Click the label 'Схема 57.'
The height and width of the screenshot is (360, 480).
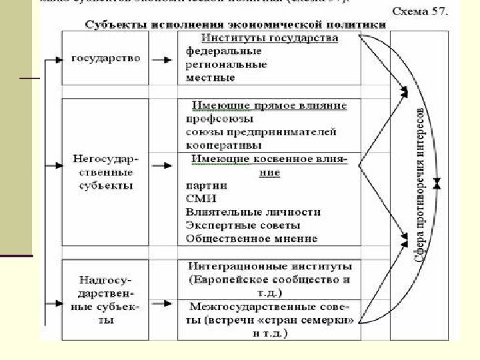pos(419,11)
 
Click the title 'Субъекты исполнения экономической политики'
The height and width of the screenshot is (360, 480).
pos(235,25)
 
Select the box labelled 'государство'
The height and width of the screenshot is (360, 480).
pos(105,58)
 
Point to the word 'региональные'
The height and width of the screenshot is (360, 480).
pos(226,65)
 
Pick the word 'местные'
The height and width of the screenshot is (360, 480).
pos(211,78)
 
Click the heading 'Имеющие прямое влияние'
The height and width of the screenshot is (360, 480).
pos(269,105)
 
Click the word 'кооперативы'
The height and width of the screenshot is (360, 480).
pos(224,145)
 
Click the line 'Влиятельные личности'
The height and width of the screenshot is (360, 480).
pos(253,212)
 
